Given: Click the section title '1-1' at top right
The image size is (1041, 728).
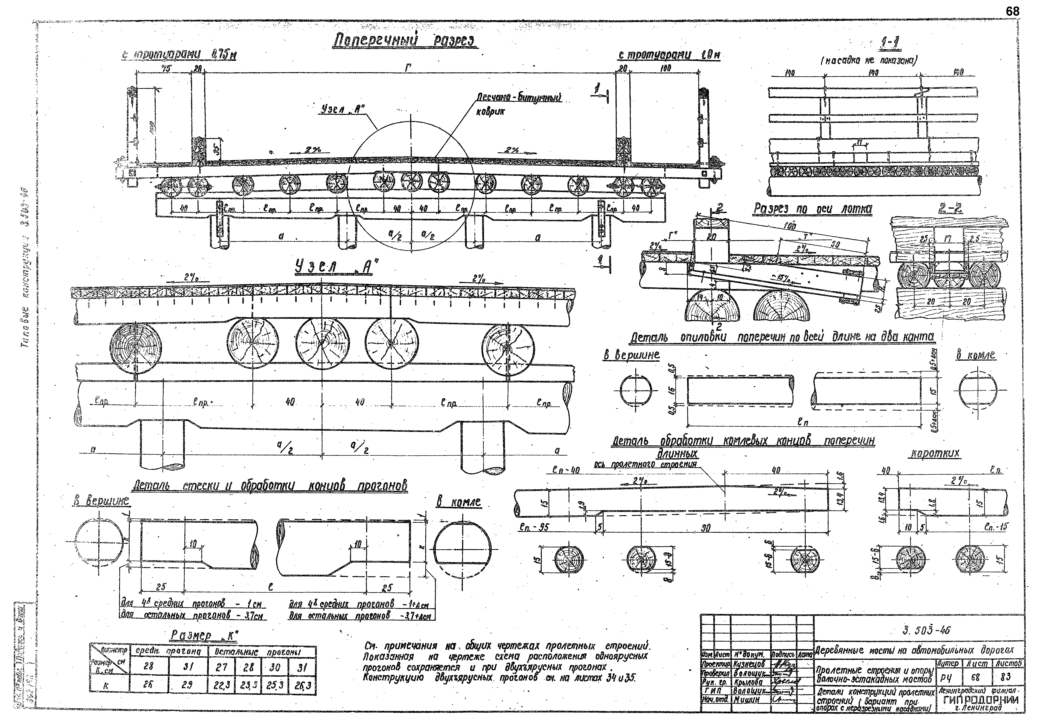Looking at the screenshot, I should (x=890, y=44).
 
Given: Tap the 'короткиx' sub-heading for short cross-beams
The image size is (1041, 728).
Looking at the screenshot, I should (x=935, y=454).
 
